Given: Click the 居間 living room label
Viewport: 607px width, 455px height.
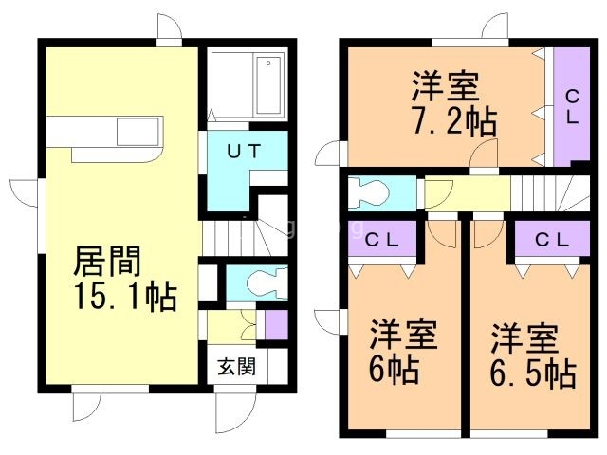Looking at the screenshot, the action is [x=107, y=262].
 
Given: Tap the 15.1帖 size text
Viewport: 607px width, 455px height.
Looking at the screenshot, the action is [x=126, y=296].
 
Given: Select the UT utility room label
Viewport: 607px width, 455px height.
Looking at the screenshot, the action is [x=244, y=152].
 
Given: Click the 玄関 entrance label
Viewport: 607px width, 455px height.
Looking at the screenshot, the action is [x=236, y=367].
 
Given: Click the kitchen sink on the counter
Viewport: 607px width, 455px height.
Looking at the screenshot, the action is [x=138, y=132].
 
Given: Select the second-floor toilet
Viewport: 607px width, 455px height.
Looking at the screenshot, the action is [x=368, y=193].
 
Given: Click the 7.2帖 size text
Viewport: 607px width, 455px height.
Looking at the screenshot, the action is [x=454, y=120].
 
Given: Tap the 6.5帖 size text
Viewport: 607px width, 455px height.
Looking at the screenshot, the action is [x=533, y=373].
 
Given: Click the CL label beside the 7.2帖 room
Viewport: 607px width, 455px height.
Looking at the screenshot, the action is [x=572, y=107].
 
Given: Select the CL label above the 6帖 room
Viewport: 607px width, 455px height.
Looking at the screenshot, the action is [x=381, y=241].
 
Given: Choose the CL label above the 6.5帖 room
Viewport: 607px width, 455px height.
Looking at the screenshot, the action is [x=552, y=240].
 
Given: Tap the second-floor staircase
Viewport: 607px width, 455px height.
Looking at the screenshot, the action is [x=550, y=193].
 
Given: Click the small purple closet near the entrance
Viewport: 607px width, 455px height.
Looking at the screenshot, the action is [x=276, y=324].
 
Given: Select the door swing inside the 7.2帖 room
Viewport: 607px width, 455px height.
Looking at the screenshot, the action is [x=484, y=154].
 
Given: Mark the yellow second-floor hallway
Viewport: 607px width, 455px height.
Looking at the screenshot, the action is [x=468, y=193].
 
